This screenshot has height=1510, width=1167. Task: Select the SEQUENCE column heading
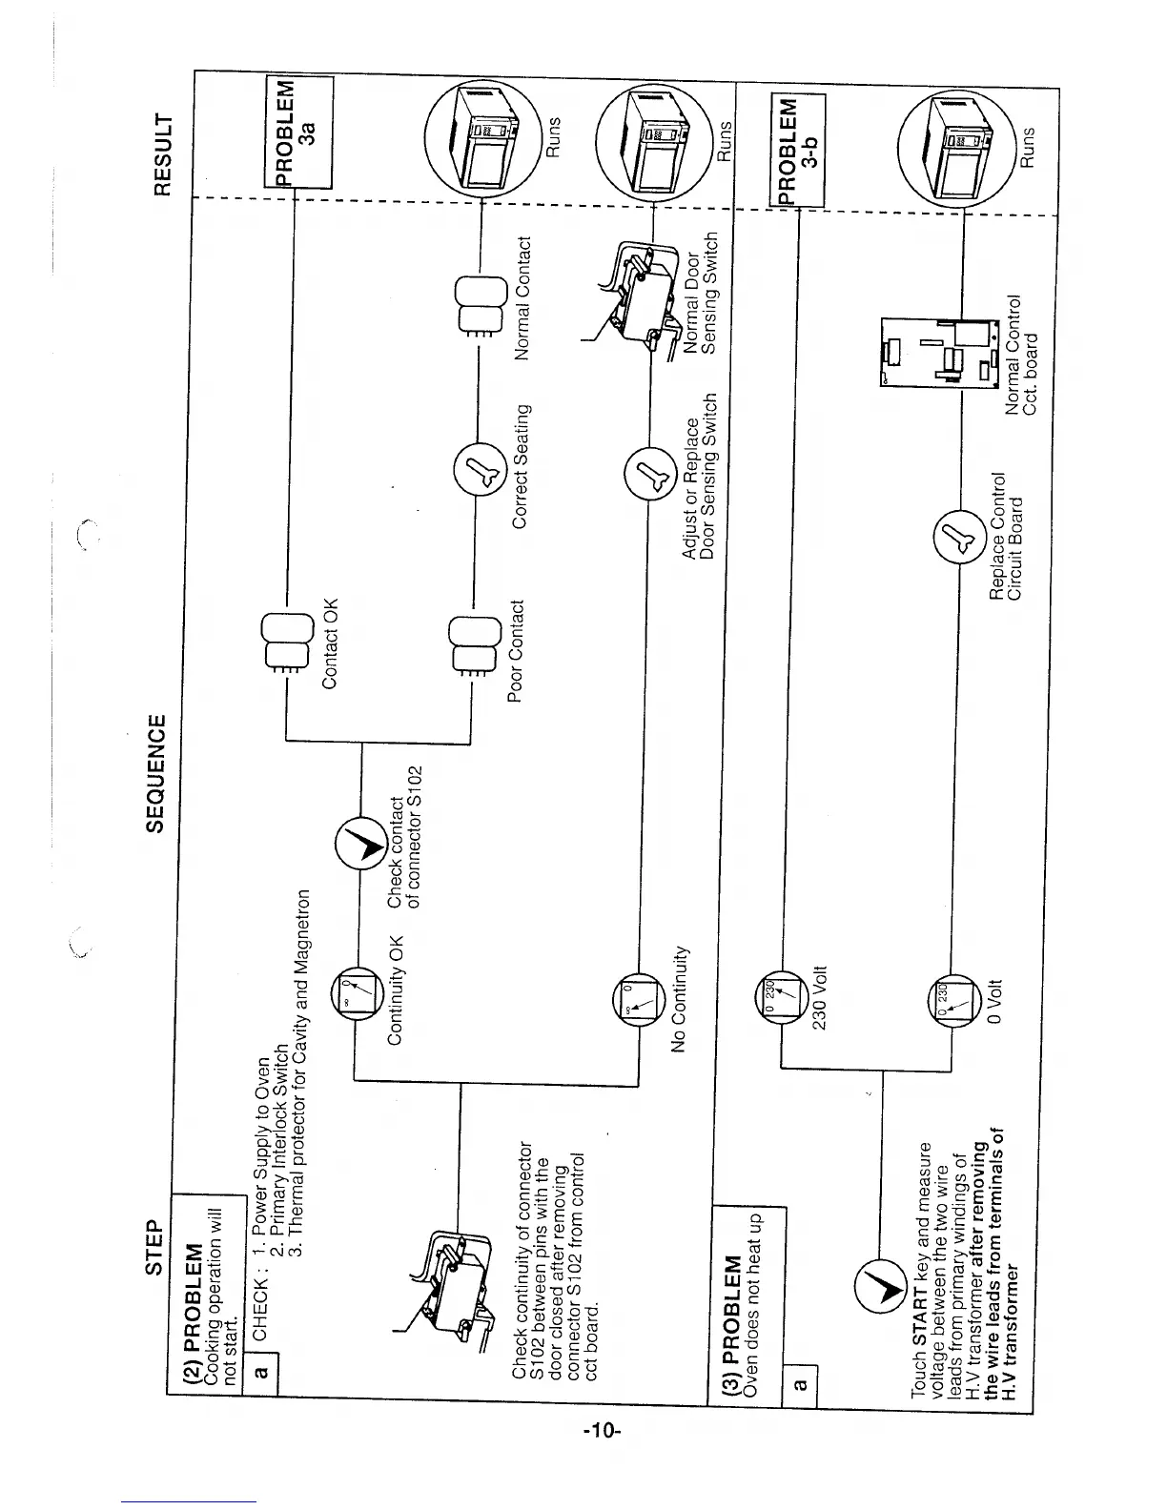154,771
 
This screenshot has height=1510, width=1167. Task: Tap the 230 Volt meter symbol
779,994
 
